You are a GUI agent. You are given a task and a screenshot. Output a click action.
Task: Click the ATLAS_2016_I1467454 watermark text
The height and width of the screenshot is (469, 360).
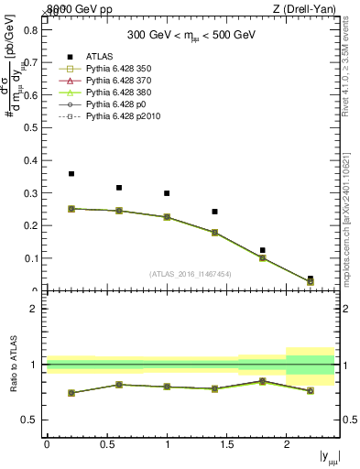coord(191,274)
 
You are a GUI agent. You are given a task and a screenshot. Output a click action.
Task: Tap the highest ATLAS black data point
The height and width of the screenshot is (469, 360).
coord(71,173)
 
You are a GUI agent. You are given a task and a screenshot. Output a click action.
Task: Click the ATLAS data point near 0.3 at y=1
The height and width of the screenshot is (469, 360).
coord(167,193)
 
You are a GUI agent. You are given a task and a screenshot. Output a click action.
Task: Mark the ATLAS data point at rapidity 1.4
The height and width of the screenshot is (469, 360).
coord(214,212)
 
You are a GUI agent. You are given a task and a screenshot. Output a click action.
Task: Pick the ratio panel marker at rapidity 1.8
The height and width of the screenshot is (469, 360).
coord(263,381)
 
